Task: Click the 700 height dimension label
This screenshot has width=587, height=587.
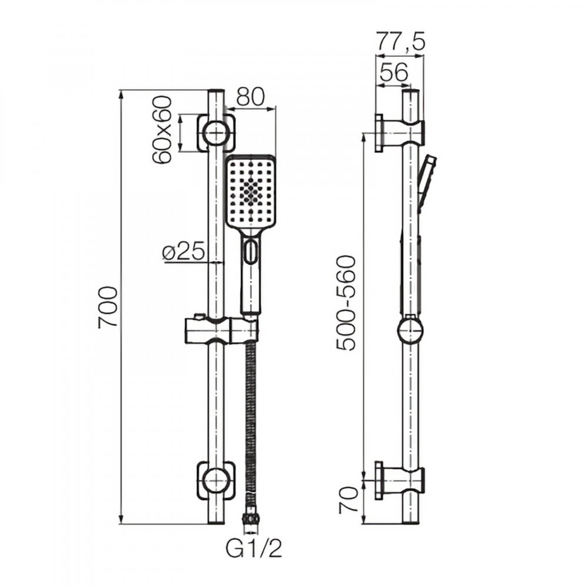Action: (108, 307)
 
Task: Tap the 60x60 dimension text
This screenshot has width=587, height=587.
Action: (163, 130)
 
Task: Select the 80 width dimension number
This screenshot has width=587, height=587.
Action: (251, 97)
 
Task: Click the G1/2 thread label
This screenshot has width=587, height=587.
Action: (254, 549)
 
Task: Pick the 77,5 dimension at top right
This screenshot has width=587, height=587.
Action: (400, 41)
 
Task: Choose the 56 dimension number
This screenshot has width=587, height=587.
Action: (393, 73)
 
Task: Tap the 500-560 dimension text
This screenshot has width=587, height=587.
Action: (345, 303)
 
